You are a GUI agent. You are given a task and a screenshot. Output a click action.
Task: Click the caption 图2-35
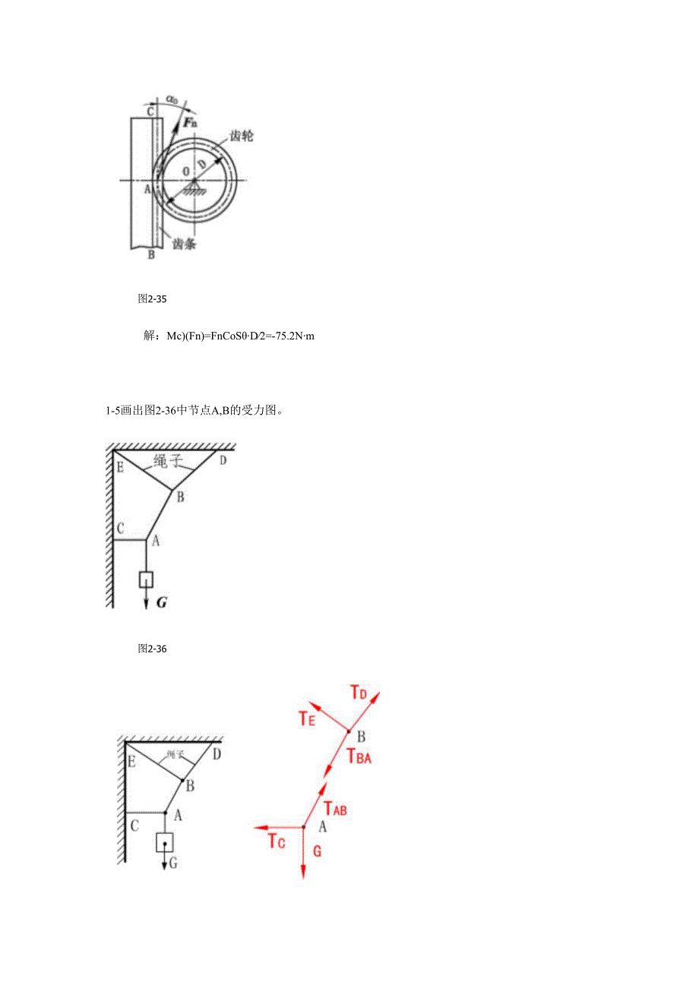152,299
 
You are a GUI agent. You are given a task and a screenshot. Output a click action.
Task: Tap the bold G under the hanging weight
160,603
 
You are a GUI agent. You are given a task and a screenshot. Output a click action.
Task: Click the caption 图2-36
152,649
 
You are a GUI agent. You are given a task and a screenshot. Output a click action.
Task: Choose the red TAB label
335,809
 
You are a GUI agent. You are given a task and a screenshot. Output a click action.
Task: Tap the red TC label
277,841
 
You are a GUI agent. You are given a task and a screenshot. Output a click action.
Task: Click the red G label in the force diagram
318,851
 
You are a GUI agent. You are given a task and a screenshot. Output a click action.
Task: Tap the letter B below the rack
151,255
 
